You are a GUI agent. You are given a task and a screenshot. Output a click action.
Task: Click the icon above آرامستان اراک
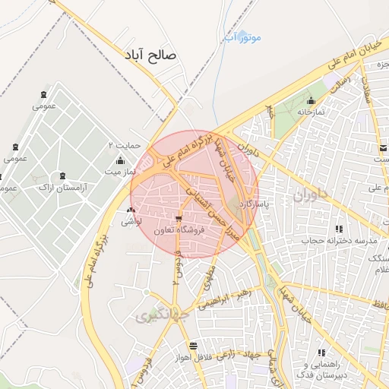[x=62, y=175]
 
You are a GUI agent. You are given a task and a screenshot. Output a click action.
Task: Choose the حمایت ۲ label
[x=125, y=144]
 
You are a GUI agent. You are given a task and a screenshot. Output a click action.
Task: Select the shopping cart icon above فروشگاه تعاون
[x=179, y=217]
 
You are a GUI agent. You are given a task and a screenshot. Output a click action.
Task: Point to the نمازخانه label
[x=310, y=112]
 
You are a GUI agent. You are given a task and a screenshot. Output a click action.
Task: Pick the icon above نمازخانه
[x=310, y=100]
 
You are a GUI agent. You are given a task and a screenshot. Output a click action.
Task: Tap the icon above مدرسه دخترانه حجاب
[x=339, y=228]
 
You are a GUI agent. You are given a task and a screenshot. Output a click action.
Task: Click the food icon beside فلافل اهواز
[x=194, y=346]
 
